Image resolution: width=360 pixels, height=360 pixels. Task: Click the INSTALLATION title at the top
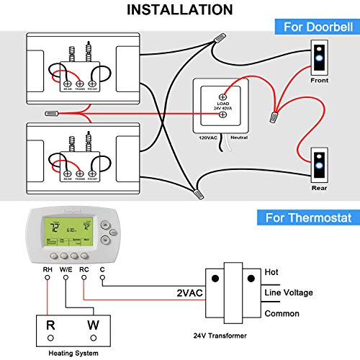179,9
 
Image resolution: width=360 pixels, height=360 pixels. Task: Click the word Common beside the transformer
283,314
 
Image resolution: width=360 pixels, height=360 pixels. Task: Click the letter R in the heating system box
51,325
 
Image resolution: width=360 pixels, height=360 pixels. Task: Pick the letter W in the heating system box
93,325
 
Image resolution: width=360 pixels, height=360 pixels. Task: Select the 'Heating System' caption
72,353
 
